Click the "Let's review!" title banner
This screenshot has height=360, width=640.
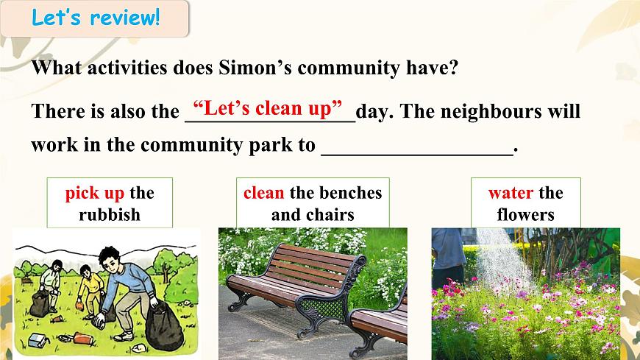pyautogui.click(x=95, y=18)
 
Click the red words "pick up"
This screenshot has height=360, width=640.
pyautogui.click(x=94, y=193)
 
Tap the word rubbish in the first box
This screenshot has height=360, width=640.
pyautogui.click(x=109, y=215)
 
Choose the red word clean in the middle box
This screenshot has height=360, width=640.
pyautogui.click(x=263, y=193)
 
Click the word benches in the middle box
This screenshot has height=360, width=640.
pyautogui.click(x=346, y=193)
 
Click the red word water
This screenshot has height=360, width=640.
pyautogui.click(x=510, y=193)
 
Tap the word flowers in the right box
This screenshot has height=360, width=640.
pyautogui.click(x=525, y=215)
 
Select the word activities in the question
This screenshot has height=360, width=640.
pyautogui.click(x=132, y=68)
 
